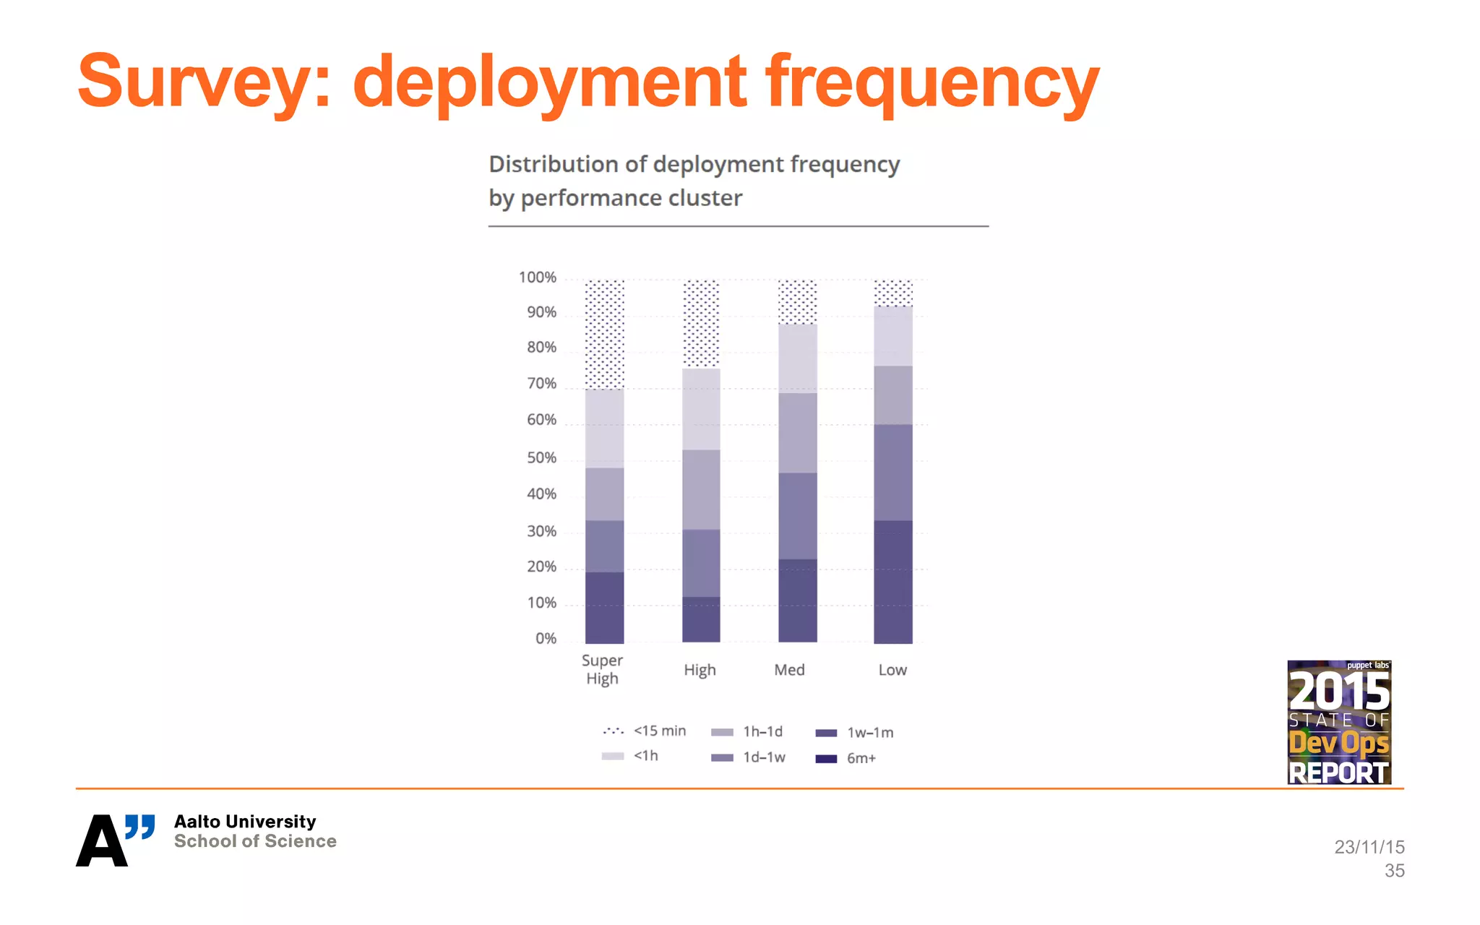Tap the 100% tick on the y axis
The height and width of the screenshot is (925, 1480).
click(537, 277)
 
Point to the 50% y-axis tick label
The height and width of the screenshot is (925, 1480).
click(541, 457)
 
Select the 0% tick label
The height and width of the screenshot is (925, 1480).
click(546, 638)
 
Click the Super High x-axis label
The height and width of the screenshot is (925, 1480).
click(602, 669)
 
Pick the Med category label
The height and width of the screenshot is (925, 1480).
click(789, 670)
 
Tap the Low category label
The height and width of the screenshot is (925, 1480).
click(892, 670)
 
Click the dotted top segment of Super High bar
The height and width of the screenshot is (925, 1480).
click(604, 334)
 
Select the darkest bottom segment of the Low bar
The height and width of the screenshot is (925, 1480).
click(893, 581)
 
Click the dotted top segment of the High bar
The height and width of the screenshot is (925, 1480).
click(701, 324)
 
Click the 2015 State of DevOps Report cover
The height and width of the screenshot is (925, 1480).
click(1339, 722)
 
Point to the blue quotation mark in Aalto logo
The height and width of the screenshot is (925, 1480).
click(139, 826)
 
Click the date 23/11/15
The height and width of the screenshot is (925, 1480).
click(1369, 847)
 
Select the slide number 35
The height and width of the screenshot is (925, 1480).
click(1394, 871)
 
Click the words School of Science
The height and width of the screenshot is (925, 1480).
click(255, 841)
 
